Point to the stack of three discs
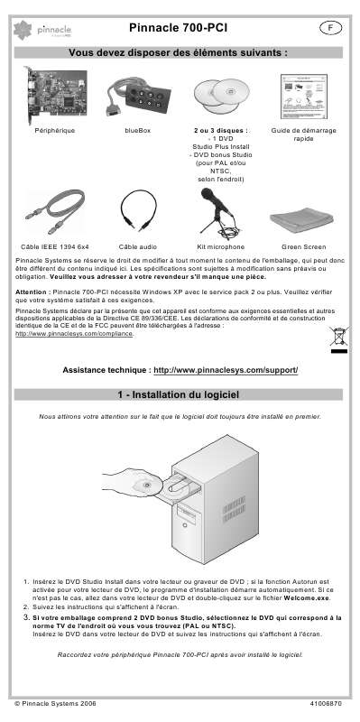[x=221, y=96]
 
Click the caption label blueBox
[x=139, y=131]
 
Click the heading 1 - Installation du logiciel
[x=180, y=395]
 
